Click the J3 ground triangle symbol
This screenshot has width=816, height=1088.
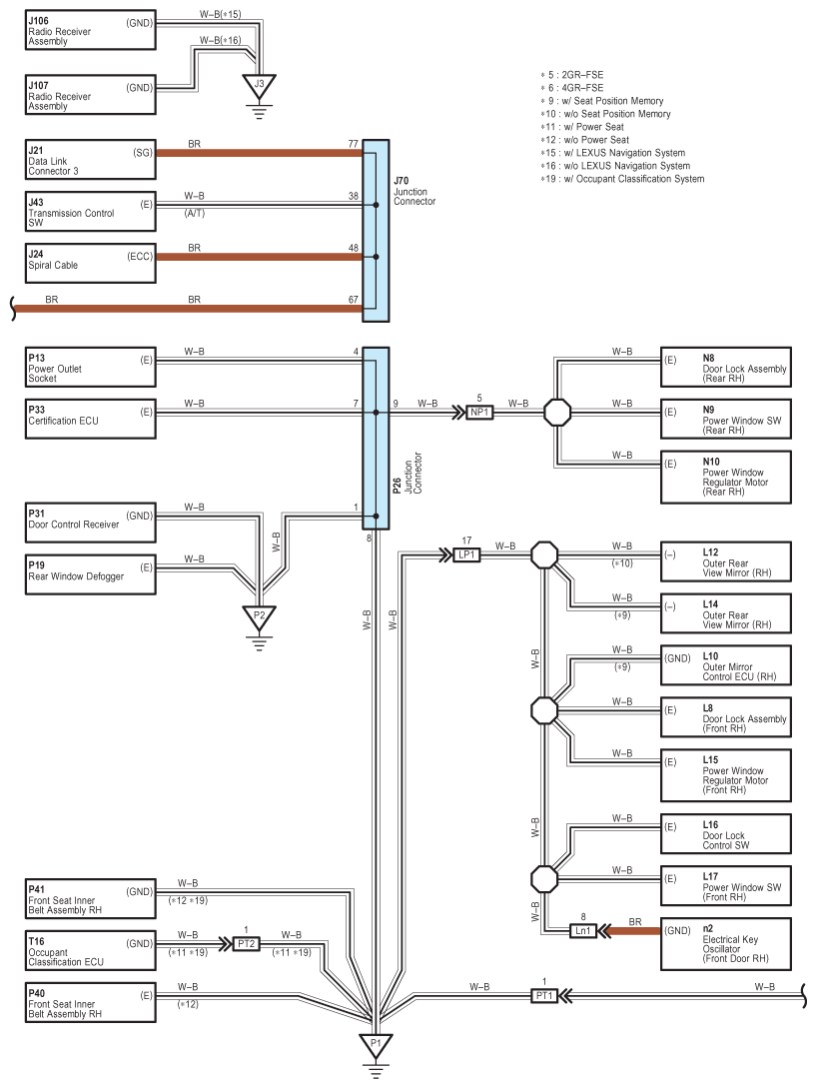coord(259,86)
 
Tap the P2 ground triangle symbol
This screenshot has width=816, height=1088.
coord(259,616)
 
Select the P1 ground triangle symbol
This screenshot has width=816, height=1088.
coord(376,1045)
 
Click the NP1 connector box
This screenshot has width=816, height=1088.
coord(479,413)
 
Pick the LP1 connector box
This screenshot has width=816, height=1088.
coord(467,554)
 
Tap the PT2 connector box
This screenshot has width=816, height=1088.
coord(247,944)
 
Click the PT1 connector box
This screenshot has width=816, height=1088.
coord(544,996)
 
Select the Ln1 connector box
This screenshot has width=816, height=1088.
coord(583,930)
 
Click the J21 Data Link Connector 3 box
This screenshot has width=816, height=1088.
coord(90,160)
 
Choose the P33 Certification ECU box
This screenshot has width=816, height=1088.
coord(90,419)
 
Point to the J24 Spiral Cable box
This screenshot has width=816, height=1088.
coord(90,263)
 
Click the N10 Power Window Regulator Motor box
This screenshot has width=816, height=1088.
coord(726,477)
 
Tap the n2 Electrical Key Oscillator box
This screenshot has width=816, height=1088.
coord(726,944)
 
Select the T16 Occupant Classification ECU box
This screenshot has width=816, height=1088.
coord(90,950)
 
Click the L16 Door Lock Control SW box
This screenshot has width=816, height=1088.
coord(726,833)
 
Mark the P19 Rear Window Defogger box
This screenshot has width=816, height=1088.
coord(90,574)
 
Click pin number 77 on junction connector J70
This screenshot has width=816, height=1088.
coord(354,144)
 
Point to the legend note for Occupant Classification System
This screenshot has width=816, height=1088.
coord(622,179)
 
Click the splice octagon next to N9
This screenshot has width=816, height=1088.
coord(557,413)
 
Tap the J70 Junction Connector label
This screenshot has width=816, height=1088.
coord(414,191)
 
